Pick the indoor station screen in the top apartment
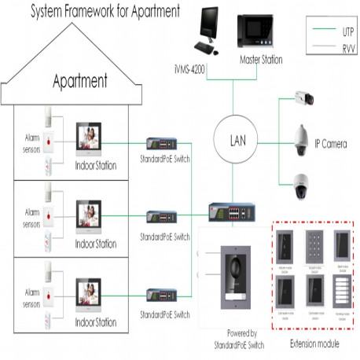(91, 140)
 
